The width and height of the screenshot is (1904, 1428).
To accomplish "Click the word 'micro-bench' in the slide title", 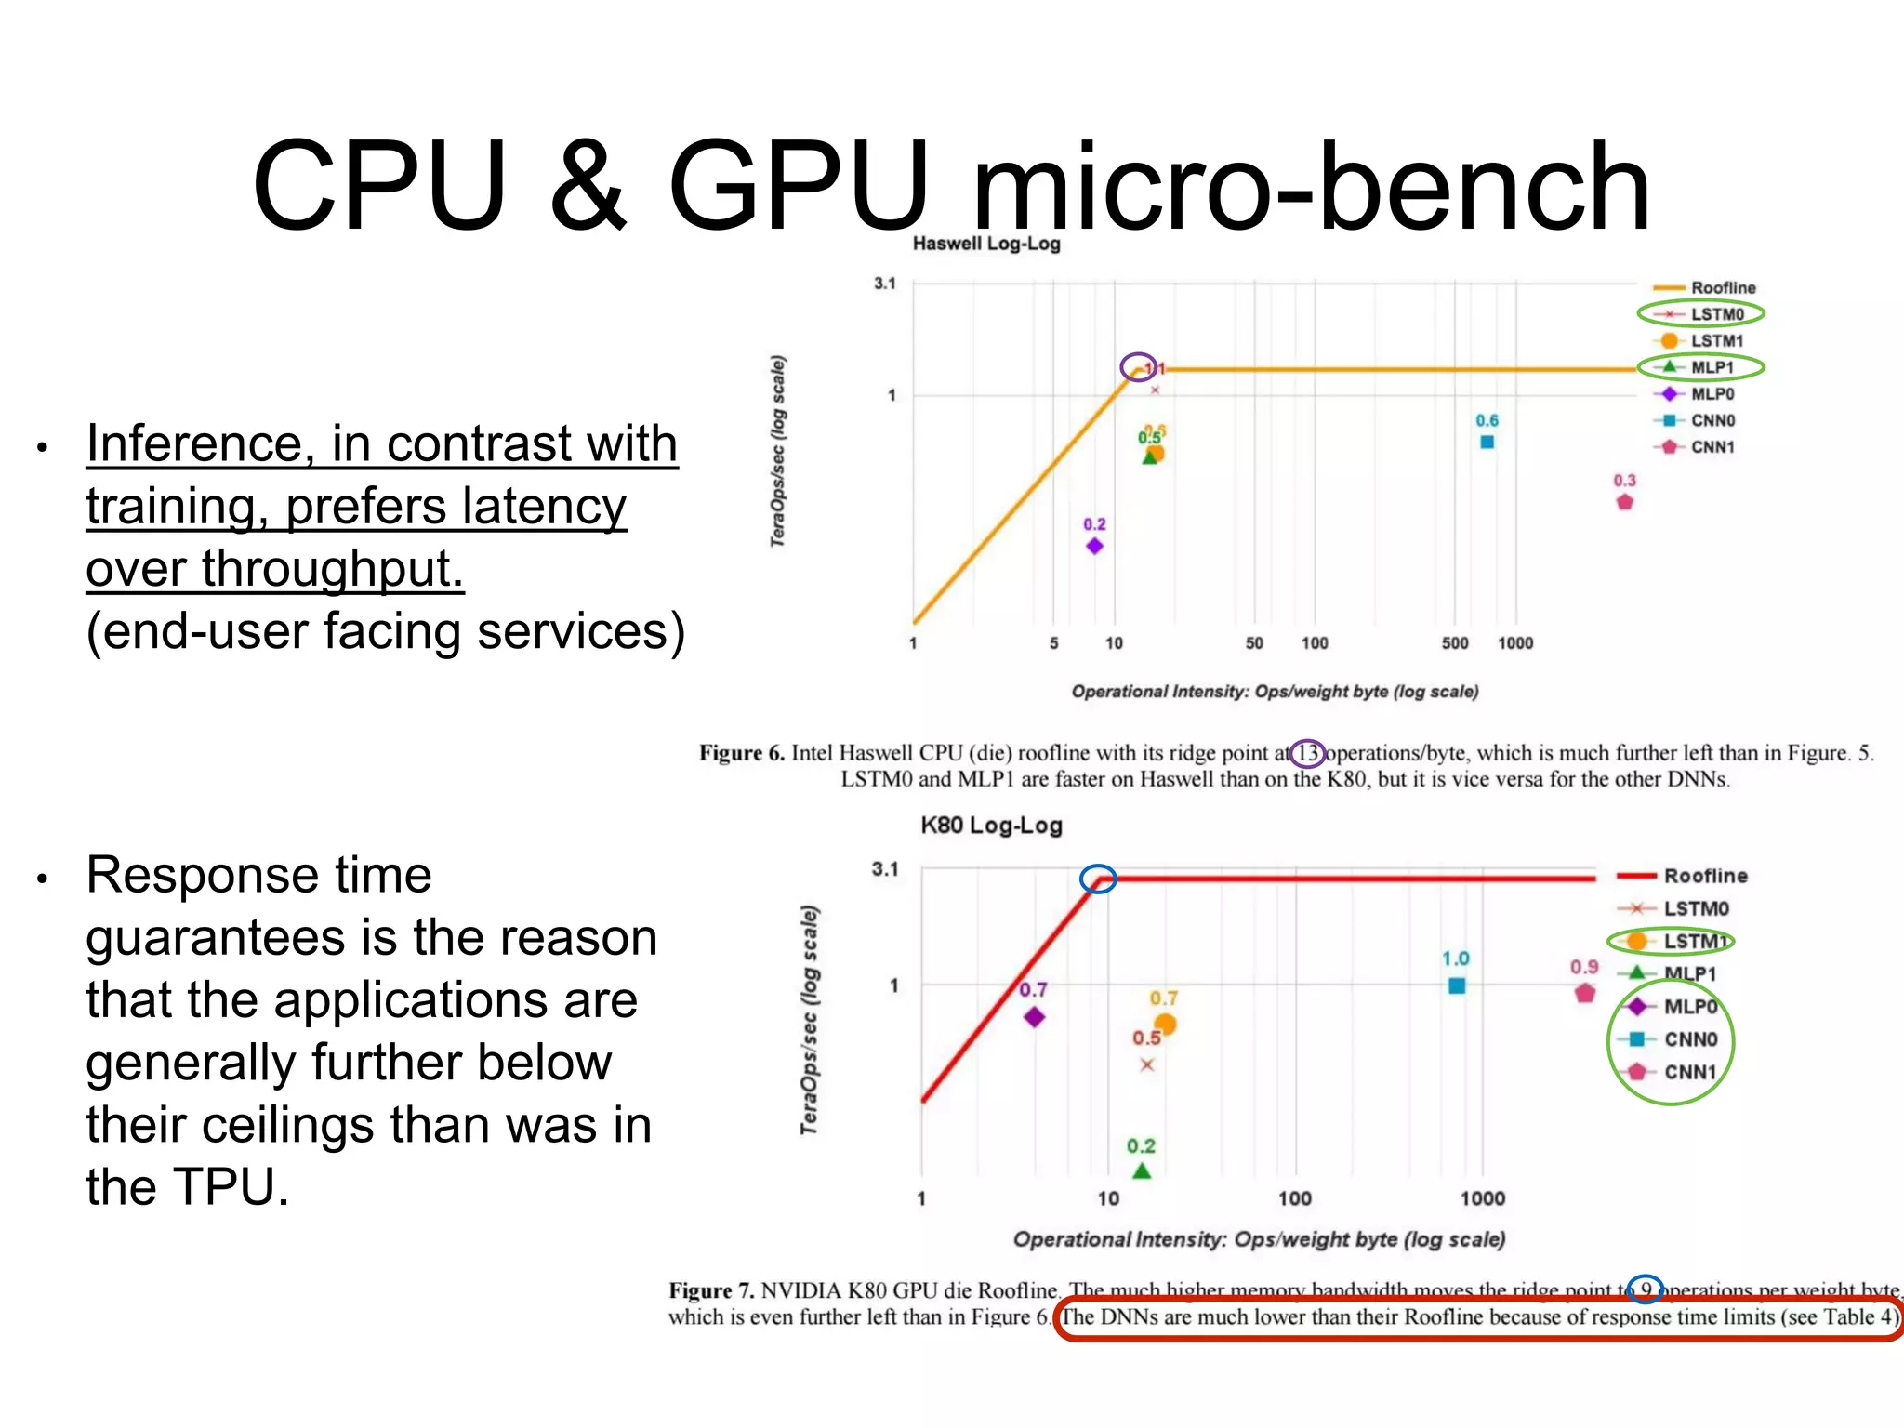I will click(x=1311, y=186).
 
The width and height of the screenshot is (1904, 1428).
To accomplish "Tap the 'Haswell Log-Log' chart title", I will click(x=986, y=244).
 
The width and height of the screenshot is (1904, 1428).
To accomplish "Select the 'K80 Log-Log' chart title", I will click(x=991, y=826).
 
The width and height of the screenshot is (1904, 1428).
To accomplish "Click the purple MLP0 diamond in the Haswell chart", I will click(x=1094, y=546).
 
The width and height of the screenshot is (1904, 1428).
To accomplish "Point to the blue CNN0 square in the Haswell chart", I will click(x=1487, y=443).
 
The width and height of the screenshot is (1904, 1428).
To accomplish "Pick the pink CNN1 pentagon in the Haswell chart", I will click(x=1624, y=502).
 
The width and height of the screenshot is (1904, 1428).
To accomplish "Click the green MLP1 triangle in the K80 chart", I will click(x=1142, y=1170).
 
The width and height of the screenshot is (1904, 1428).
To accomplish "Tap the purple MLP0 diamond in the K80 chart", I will click(x=1034, y=1017).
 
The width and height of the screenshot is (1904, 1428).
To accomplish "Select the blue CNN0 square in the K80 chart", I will click(x=1457, y=985).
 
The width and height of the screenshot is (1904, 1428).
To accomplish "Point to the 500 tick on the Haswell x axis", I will click(x=1455, y=643).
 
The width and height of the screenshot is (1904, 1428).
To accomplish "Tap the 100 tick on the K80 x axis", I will click(x=1295, y=1198).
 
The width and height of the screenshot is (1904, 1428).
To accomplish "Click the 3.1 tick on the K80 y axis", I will click(x=885, y=869).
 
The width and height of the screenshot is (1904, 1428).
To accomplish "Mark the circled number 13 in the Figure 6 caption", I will click(x=1308, y=753).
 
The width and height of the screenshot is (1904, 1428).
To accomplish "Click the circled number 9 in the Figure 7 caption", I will click(x=1646, y=1289).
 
